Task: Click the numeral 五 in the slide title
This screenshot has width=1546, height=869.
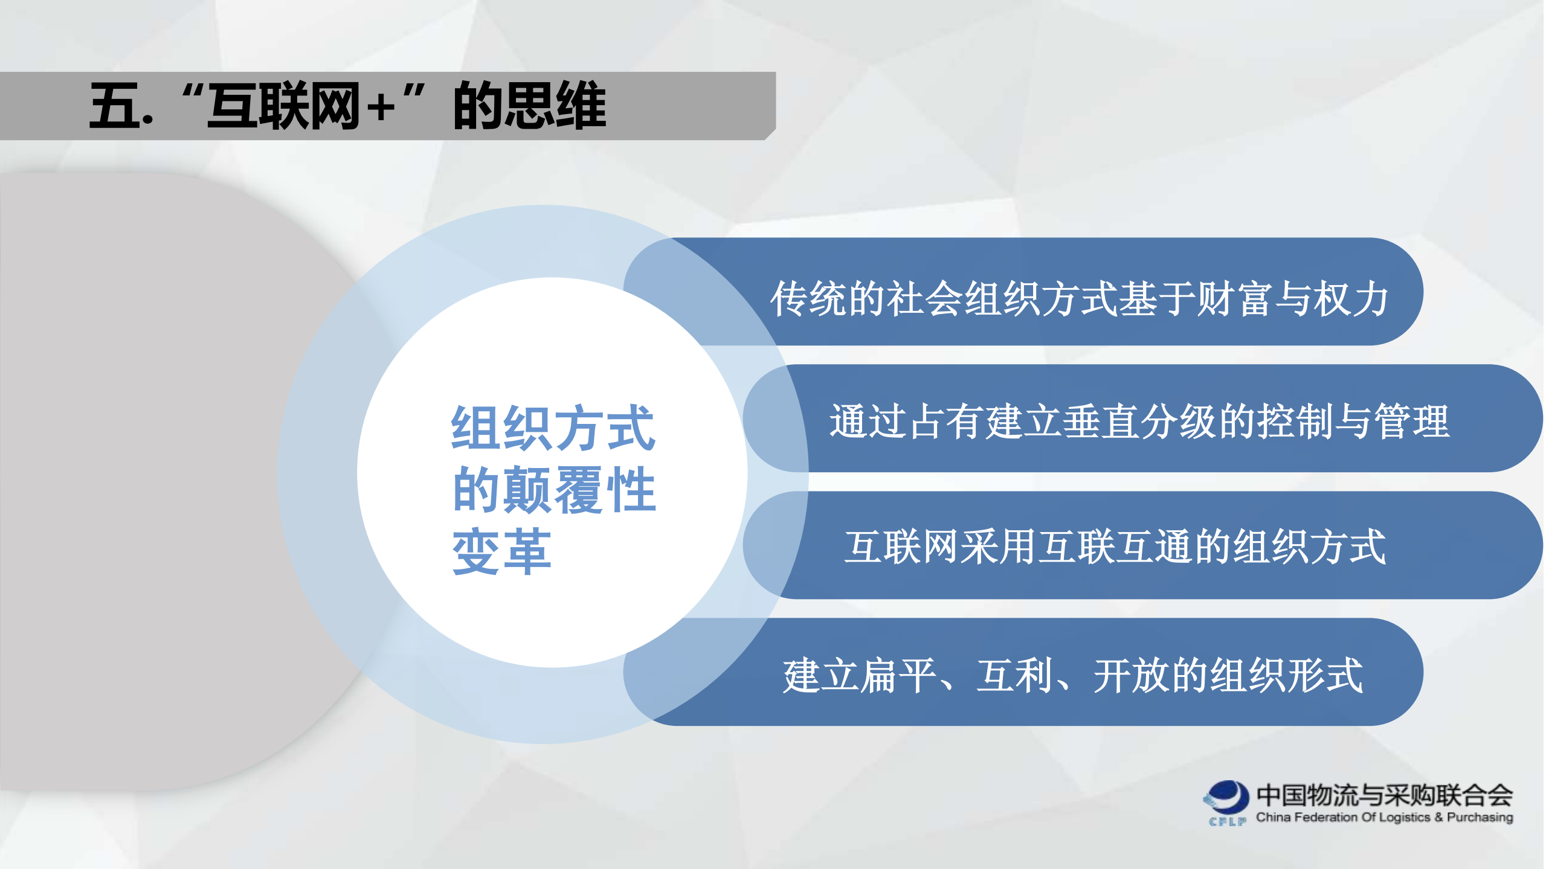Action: (x=114, y=106)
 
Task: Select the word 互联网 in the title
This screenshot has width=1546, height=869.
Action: (x=283, y=106)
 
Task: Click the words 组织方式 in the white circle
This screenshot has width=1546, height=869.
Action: (x=553, y=428)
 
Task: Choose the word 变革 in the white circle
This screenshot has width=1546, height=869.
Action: (x=501, y=552)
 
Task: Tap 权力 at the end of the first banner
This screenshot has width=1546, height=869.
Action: (x=1351, y=299)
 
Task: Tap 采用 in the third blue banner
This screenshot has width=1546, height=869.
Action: (x=999, y=547)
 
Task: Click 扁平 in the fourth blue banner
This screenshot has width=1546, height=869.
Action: (x=899, y=675)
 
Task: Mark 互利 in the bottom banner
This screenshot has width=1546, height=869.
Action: (x=1015, y=675)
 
